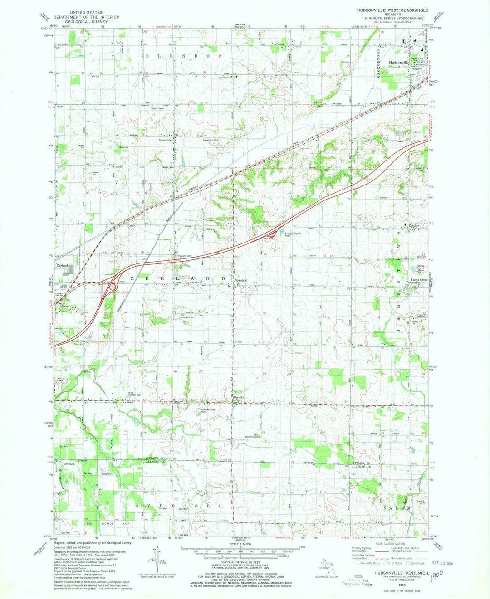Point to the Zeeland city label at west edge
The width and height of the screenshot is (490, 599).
[62, 265]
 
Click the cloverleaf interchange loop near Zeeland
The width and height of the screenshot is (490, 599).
[112, 286]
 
